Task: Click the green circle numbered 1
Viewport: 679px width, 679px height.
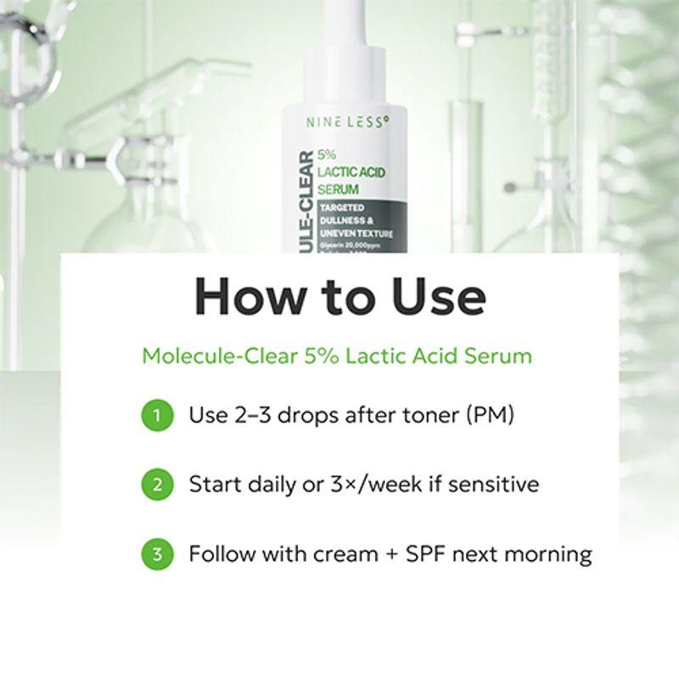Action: pyautogui.click(x=155, y=416)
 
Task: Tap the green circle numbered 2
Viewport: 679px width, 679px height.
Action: pyautogui.click(x=155, y=485)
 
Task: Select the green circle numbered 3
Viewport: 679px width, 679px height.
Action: pyautogui.click(x=155, y=554)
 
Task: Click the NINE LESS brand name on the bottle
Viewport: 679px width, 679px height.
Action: pyautogui.click(x=347, y=121)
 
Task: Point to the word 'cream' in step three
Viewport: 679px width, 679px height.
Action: pyautogui.click(x=347, y=554)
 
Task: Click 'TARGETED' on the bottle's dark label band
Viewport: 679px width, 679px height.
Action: pyautogui.click(x=341, y=207)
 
